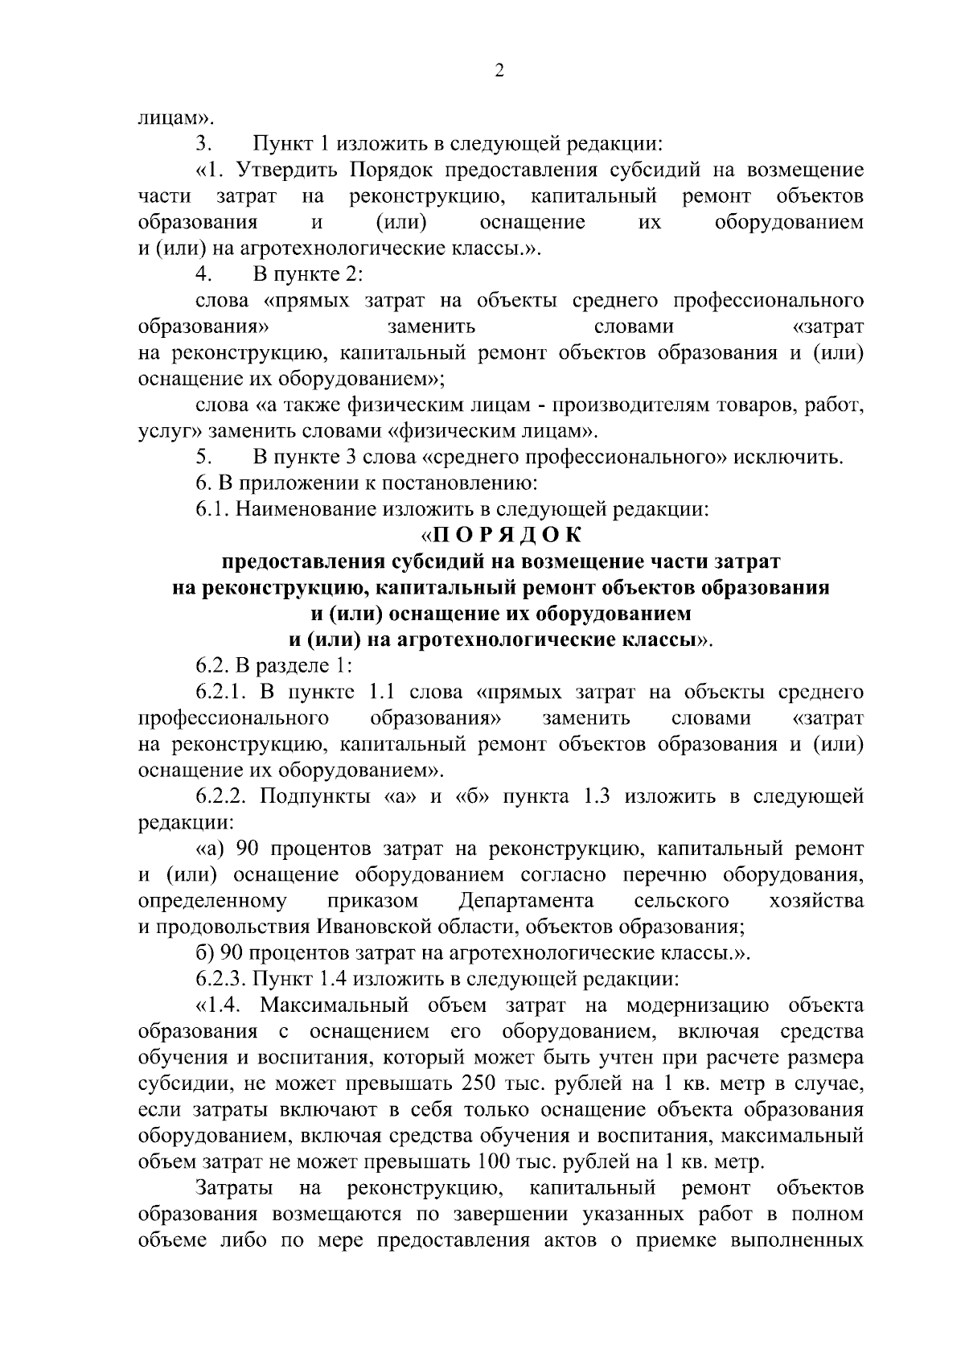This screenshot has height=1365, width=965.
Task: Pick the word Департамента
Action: point(526,900)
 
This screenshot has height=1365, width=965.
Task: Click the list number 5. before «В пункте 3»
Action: point(203,458)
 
